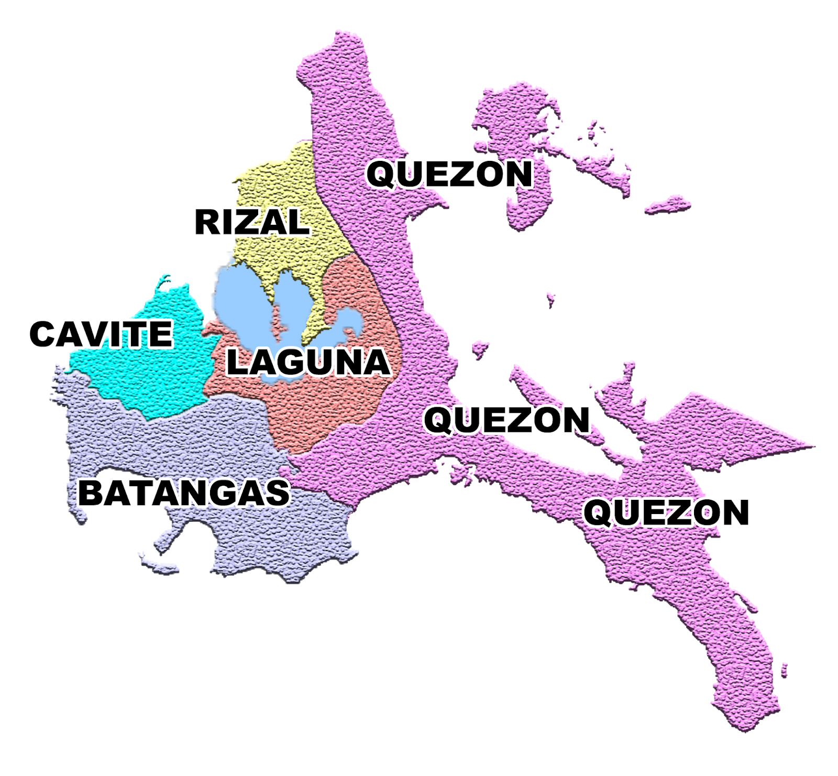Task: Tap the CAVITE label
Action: coord(101,334)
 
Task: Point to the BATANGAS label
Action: coord(184,493)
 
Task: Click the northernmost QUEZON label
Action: coord(449,174)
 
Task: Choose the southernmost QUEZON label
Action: coord(667,512)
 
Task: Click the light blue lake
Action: coord(241,299)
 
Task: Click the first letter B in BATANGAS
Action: coord(90,493)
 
